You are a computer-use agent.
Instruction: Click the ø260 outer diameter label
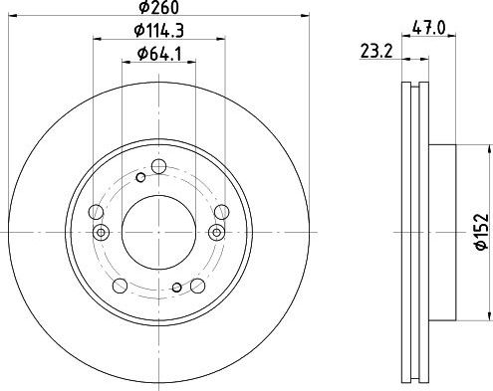156,9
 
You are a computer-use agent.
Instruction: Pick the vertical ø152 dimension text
480,232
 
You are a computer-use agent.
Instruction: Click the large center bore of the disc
156,231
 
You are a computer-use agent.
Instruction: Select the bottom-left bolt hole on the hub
120,286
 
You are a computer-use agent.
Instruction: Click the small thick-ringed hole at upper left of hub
140,178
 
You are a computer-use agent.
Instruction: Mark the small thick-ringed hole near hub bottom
176,290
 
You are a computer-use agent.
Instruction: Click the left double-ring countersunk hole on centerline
99,232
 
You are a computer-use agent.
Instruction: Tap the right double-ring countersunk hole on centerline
217,232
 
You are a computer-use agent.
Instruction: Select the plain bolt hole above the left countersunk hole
96,211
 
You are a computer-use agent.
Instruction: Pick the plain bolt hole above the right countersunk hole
219,211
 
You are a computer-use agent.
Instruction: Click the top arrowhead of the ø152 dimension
490,148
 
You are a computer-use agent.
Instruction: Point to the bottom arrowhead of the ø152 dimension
490,315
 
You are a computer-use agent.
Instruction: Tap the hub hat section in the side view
442,231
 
